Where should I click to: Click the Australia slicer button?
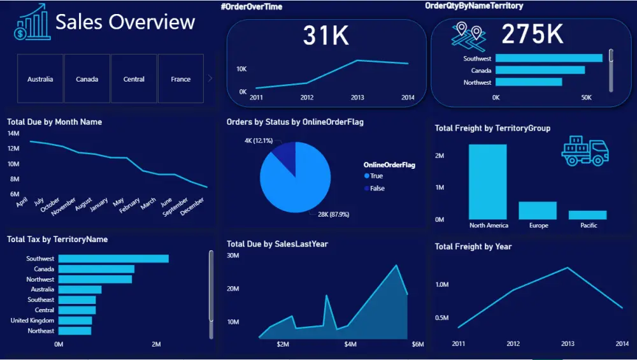point(40,79)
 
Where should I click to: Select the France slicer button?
point(180,79)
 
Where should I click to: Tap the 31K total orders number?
point(326,36)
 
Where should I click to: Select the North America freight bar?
point(488,182)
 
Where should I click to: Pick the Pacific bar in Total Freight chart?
point(587,215)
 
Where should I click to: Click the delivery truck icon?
point(585,151)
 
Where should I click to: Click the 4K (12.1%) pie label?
point(259,140)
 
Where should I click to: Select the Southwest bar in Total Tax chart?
point(113,259)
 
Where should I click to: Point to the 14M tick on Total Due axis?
point(13,133)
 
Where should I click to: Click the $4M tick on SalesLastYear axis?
point(350,345)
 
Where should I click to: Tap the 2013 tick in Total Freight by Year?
point(567,344)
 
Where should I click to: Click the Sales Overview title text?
point(125,22)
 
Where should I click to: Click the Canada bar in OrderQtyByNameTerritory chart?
point(540,70)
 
